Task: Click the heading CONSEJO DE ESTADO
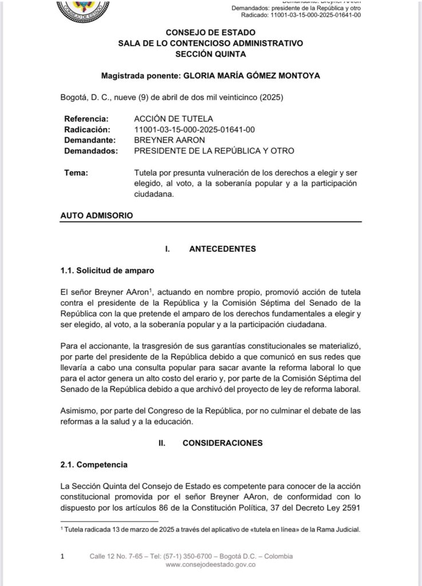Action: tap(211, 33)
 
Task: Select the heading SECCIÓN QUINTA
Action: tap(211, 54)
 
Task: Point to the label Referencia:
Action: tap(86, 119)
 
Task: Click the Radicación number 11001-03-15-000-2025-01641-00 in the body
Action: tap(194, 129)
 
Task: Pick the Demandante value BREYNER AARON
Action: tap(166, 140)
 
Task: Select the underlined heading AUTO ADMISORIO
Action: tap(97, 216)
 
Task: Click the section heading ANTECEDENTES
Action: tap(222, 249)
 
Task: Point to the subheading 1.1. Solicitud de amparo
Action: tap(107, 270)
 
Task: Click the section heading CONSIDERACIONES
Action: tap(222, 442)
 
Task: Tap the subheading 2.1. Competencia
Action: tap(94, 464)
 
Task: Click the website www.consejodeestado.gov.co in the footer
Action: tap(210, 564)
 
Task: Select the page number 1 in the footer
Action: tap(62, 556)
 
